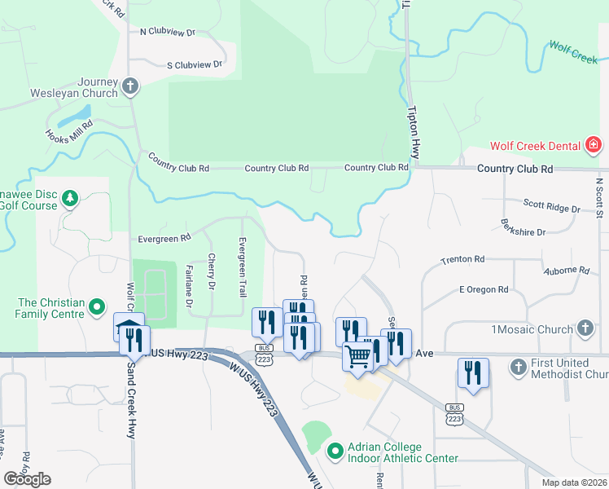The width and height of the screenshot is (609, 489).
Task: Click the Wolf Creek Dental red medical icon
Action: point(594,147)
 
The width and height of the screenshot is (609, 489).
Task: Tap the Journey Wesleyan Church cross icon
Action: point(129,86)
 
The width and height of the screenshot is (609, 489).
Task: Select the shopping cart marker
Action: point(358,355)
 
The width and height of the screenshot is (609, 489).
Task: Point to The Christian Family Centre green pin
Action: point(97,307)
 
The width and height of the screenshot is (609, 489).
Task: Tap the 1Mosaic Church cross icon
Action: point(584,328)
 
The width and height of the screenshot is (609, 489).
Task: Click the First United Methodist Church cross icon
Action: point(517,368)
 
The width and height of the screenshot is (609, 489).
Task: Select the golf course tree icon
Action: point(70,198)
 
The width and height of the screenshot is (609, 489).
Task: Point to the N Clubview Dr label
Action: point(168,33)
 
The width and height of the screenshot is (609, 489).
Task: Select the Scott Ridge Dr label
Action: point(551,208)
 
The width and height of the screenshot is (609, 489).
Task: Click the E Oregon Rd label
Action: point(484,289)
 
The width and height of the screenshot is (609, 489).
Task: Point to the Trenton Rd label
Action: point(462,259)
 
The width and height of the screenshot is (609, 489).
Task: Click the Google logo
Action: point(28,478)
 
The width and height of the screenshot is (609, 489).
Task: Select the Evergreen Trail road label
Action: point(242,267)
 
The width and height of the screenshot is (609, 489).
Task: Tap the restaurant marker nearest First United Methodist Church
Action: point(473,373)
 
